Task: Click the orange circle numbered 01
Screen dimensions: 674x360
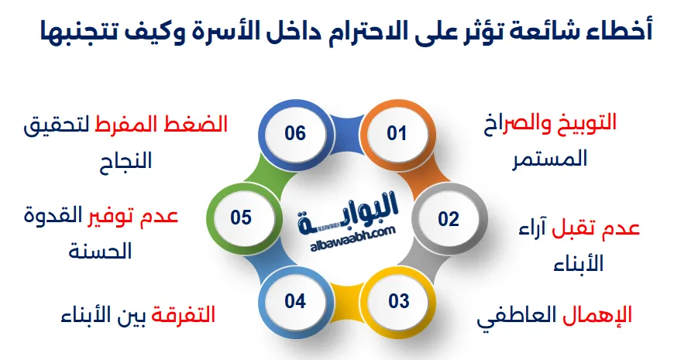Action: click(397, 133)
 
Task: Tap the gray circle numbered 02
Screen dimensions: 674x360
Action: click(449, 219)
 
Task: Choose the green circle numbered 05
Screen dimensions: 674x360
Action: click(241, 218)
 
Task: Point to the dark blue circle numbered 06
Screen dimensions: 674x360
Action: click(295, 133)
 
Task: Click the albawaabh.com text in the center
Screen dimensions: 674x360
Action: click(352, 239)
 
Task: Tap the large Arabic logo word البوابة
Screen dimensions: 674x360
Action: click(347, 214)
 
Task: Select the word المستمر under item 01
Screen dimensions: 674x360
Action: click(550, 159)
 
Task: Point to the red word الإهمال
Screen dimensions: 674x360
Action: click(597, 316)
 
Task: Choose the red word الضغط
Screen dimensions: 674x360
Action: click(202, 125)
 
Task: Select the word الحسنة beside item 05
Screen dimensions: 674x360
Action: click(100, 252)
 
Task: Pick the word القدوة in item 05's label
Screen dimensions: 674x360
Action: click(53, 214)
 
